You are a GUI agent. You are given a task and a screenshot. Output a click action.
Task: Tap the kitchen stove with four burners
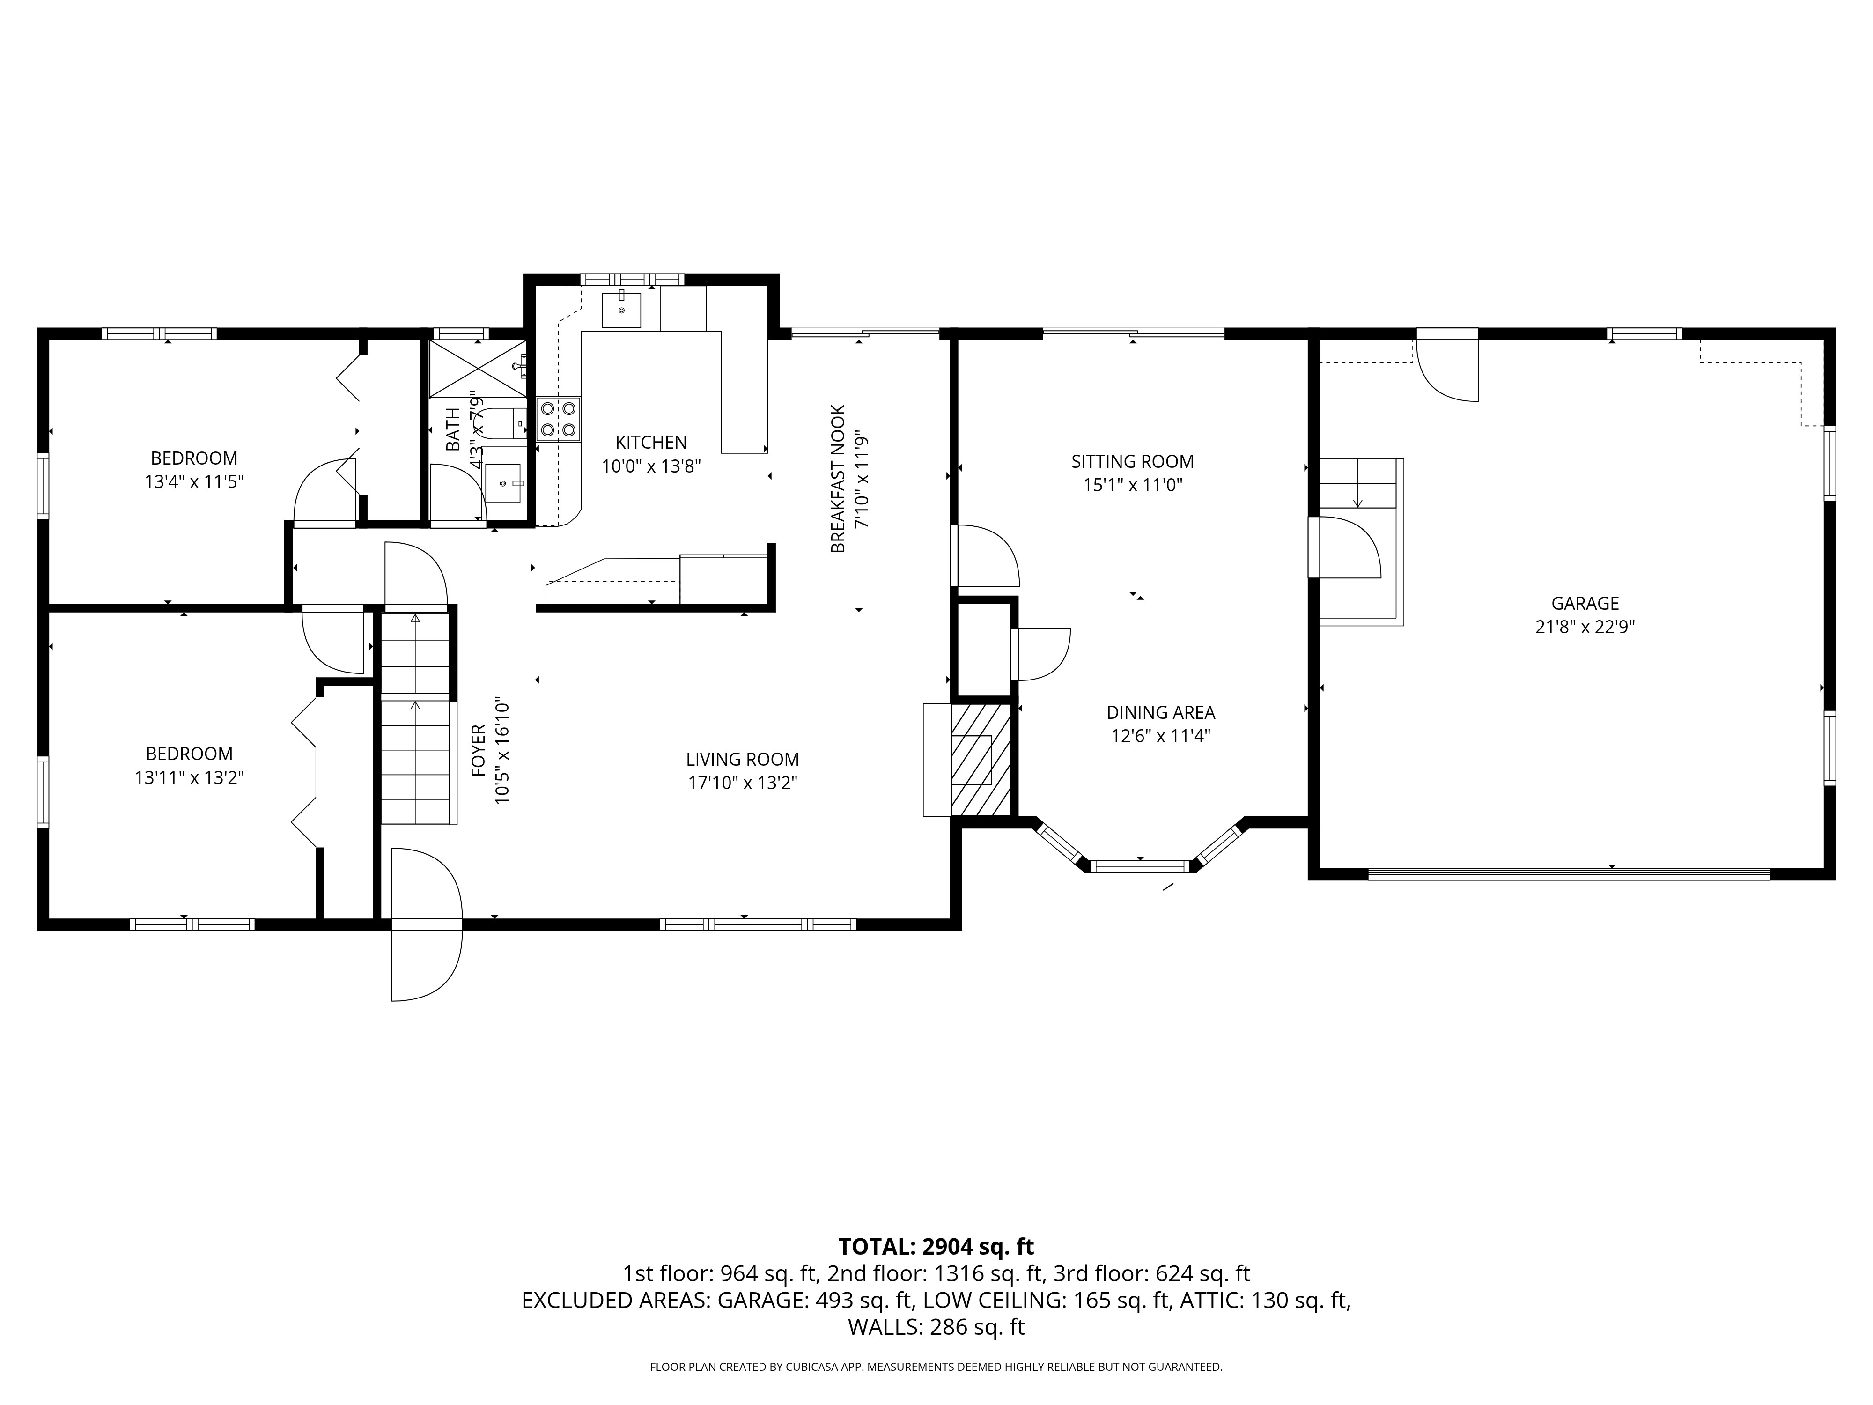point(559,419)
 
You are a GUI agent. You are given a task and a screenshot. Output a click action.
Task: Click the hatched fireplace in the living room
point(981,760)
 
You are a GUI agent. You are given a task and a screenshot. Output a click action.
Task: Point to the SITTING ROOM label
point(1132,462)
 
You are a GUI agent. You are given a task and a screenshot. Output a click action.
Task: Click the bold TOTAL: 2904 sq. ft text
point(936,1247)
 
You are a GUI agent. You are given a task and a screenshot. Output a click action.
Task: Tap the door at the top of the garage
point(1448,370)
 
